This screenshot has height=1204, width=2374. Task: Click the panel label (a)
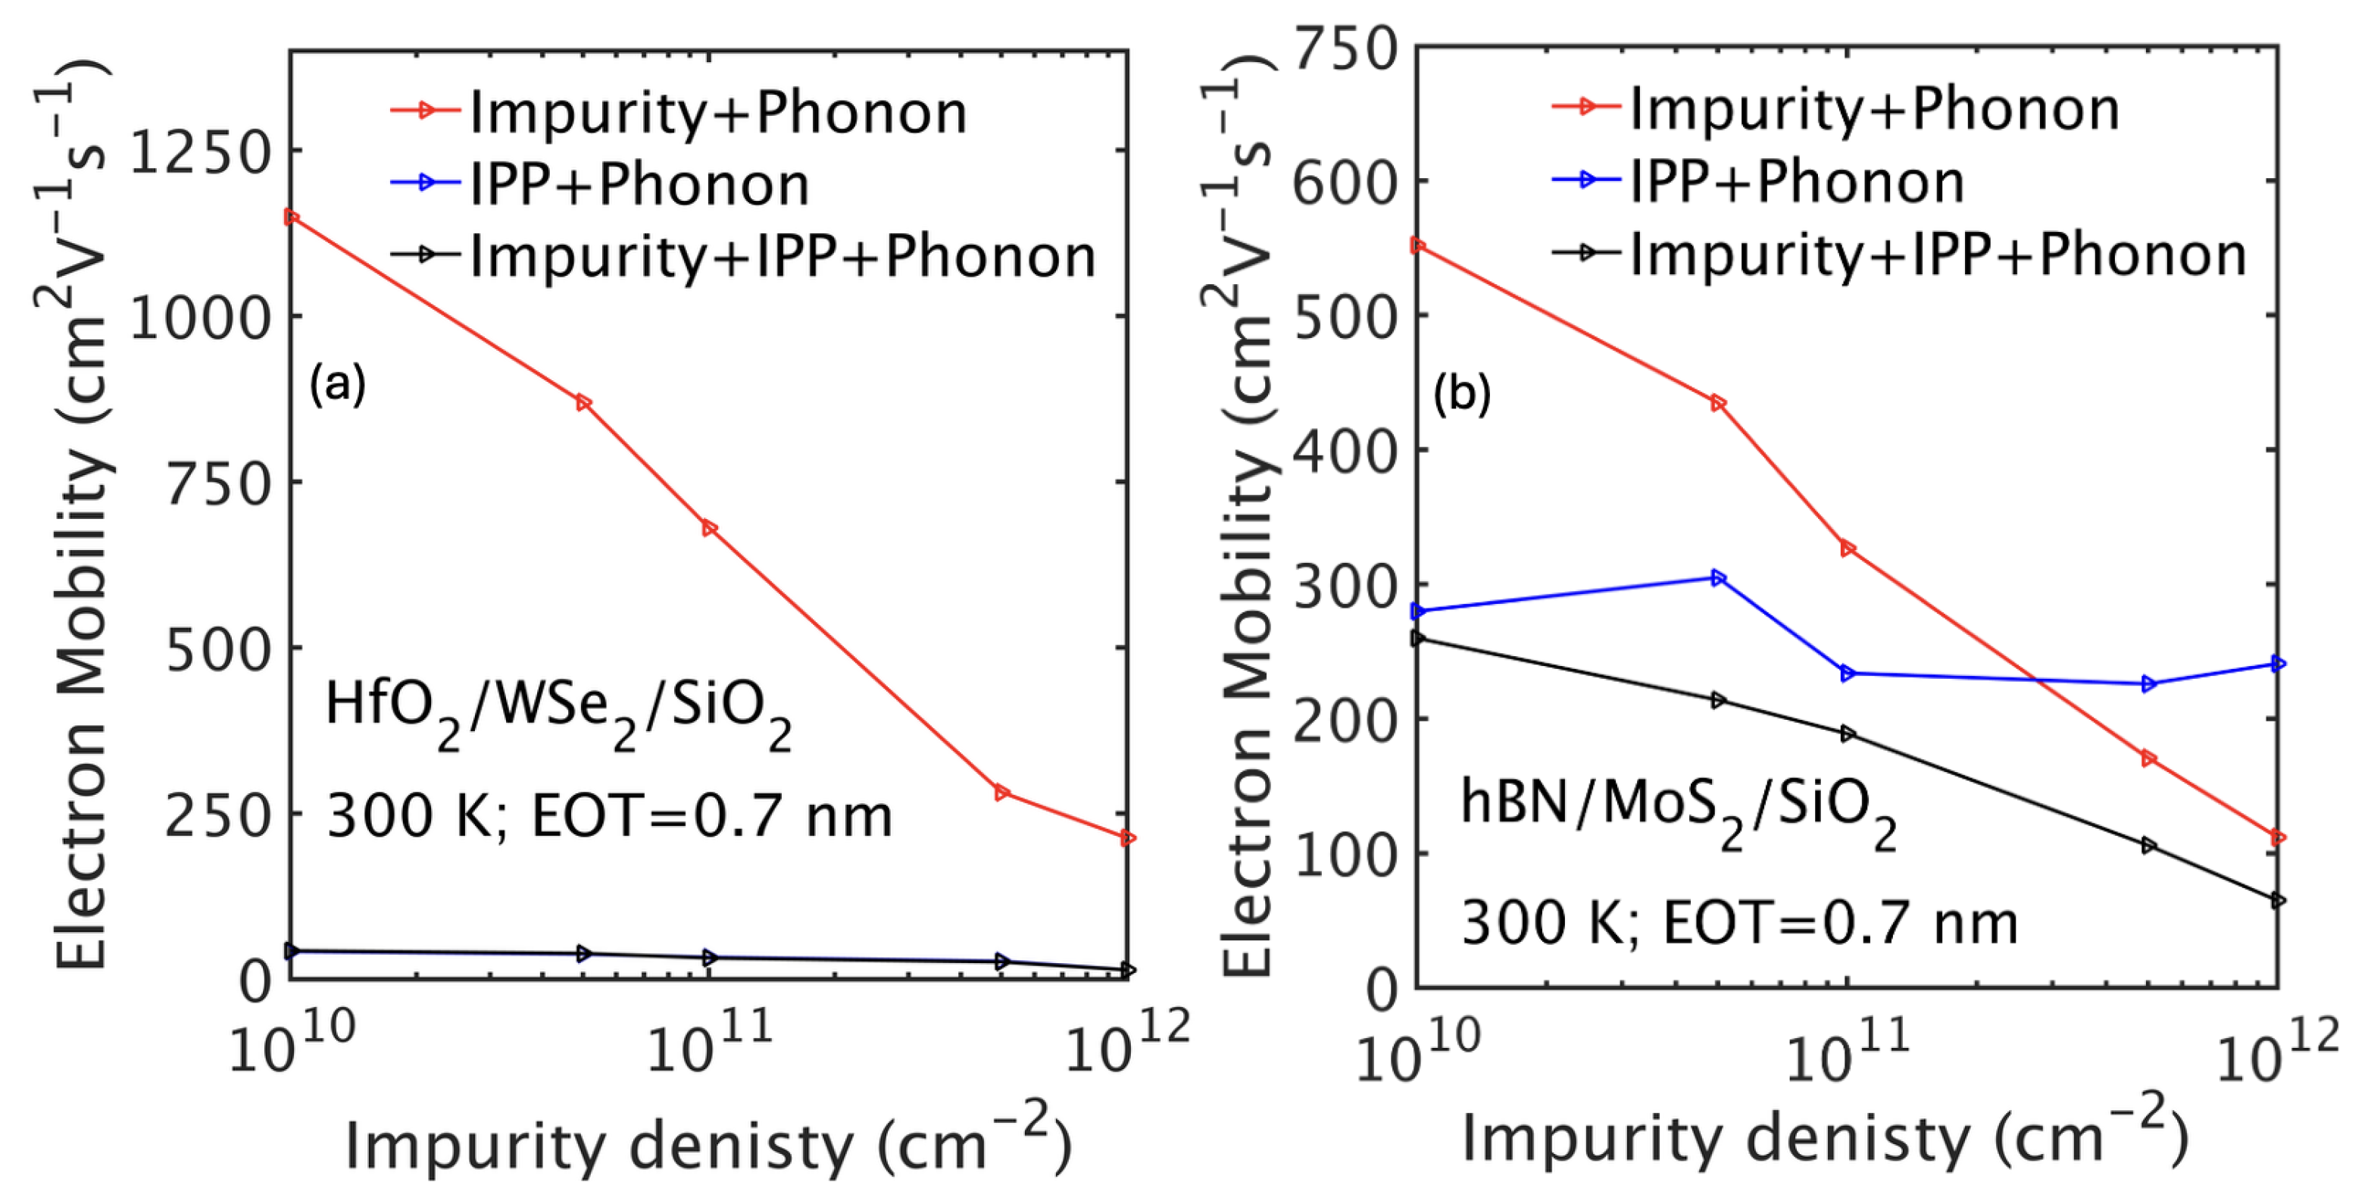337,383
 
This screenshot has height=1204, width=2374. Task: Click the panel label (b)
1462,394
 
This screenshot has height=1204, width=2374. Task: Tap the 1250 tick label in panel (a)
201,152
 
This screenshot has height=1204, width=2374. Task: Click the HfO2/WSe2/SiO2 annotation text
558,714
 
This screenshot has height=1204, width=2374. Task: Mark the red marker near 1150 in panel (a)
291,217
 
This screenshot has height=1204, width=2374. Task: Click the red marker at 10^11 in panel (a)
710,528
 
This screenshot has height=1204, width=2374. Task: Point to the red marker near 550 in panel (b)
1418,245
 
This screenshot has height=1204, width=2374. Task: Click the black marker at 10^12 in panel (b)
2278,899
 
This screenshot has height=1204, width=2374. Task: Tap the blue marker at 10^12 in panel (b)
2278,664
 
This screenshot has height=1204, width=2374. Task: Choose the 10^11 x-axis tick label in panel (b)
1847,1060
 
